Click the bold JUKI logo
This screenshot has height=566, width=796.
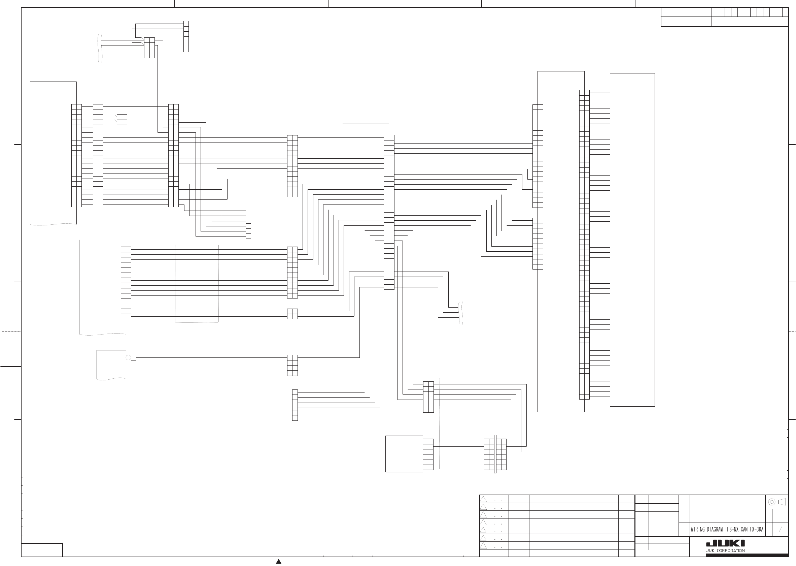click(x=725, y=544)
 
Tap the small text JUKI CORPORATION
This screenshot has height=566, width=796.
click(x=725, y=551)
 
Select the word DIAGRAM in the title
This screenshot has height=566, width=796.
click(x=715, y=529)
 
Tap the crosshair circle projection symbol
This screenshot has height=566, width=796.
click(x=771, y=502)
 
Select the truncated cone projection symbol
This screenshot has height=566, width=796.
click(x=783, y=502)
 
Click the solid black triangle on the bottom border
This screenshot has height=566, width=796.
click(x=279, y=561)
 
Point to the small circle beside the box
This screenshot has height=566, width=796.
click(x=128, y=357)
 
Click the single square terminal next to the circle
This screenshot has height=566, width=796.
click(x=133, y=357)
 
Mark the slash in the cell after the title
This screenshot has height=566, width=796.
click(x=780, y=529)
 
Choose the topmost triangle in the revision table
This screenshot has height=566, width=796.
click(x=483, y=499)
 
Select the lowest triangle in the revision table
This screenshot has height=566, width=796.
click(x=483, y=545)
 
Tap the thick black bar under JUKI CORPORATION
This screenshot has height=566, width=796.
click(x=747, y=555)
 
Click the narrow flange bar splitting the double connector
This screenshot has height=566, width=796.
click(x=495, y=454)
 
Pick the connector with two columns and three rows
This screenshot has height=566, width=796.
click(x=149, y=48)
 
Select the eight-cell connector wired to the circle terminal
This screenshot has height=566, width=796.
click(x=292, y=365)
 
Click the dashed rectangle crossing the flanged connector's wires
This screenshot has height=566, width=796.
click(x=459, y=423)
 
